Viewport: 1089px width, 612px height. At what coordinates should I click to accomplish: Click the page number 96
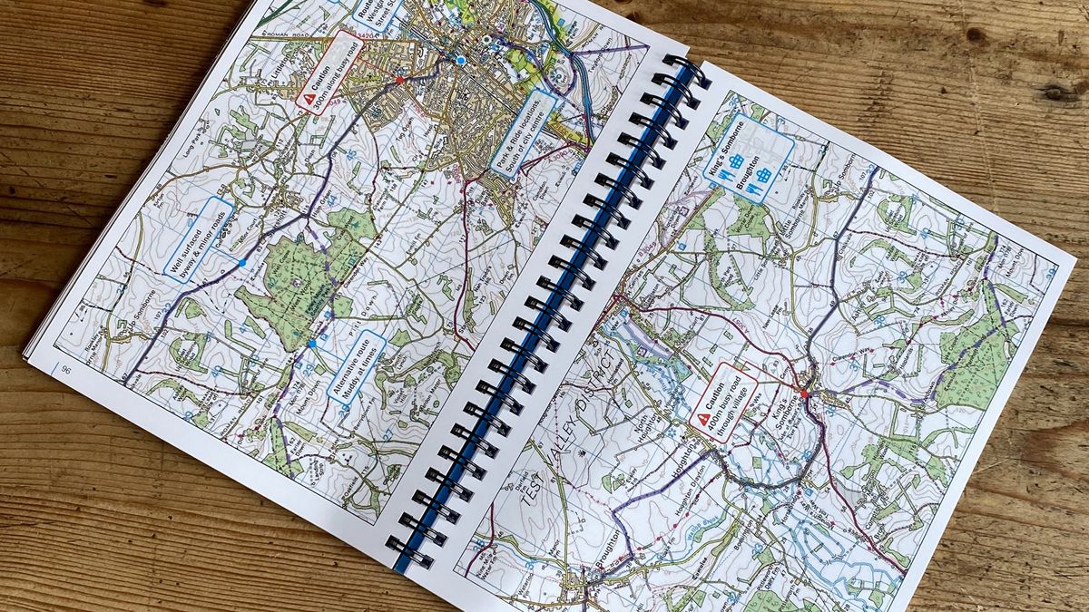tap(65, 368)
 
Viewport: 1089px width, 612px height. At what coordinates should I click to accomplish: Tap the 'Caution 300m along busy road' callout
tap(329, 70)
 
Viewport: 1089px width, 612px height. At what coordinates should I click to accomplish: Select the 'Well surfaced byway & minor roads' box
tap(199, 238)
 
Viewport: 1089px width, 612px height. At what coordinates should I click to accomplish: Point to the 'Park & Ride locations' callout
tap(523, 131)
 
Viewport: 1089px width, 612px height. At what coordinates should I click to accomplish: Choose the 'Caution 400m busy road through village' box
tap(723, 403)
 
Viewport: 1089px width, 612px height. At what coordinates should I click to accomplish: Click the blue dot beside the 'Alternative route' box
tap(312, 344)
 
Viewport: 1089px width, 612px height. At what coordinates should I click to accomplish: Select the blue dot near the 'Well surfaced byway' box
tap(241, 263)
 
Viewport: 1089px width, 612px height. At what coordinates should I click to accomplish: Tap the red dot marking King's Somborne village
tap(804, 393)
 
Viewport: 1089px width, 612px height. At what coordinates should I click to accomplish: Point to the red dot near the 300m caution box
tap(398, 80)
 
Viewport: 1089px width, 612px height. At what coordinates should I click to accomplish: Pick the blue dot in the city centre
tap(461, 61)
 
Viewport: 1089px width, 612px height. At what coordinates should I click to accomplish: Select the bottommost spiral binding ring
tap(410, 551)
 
